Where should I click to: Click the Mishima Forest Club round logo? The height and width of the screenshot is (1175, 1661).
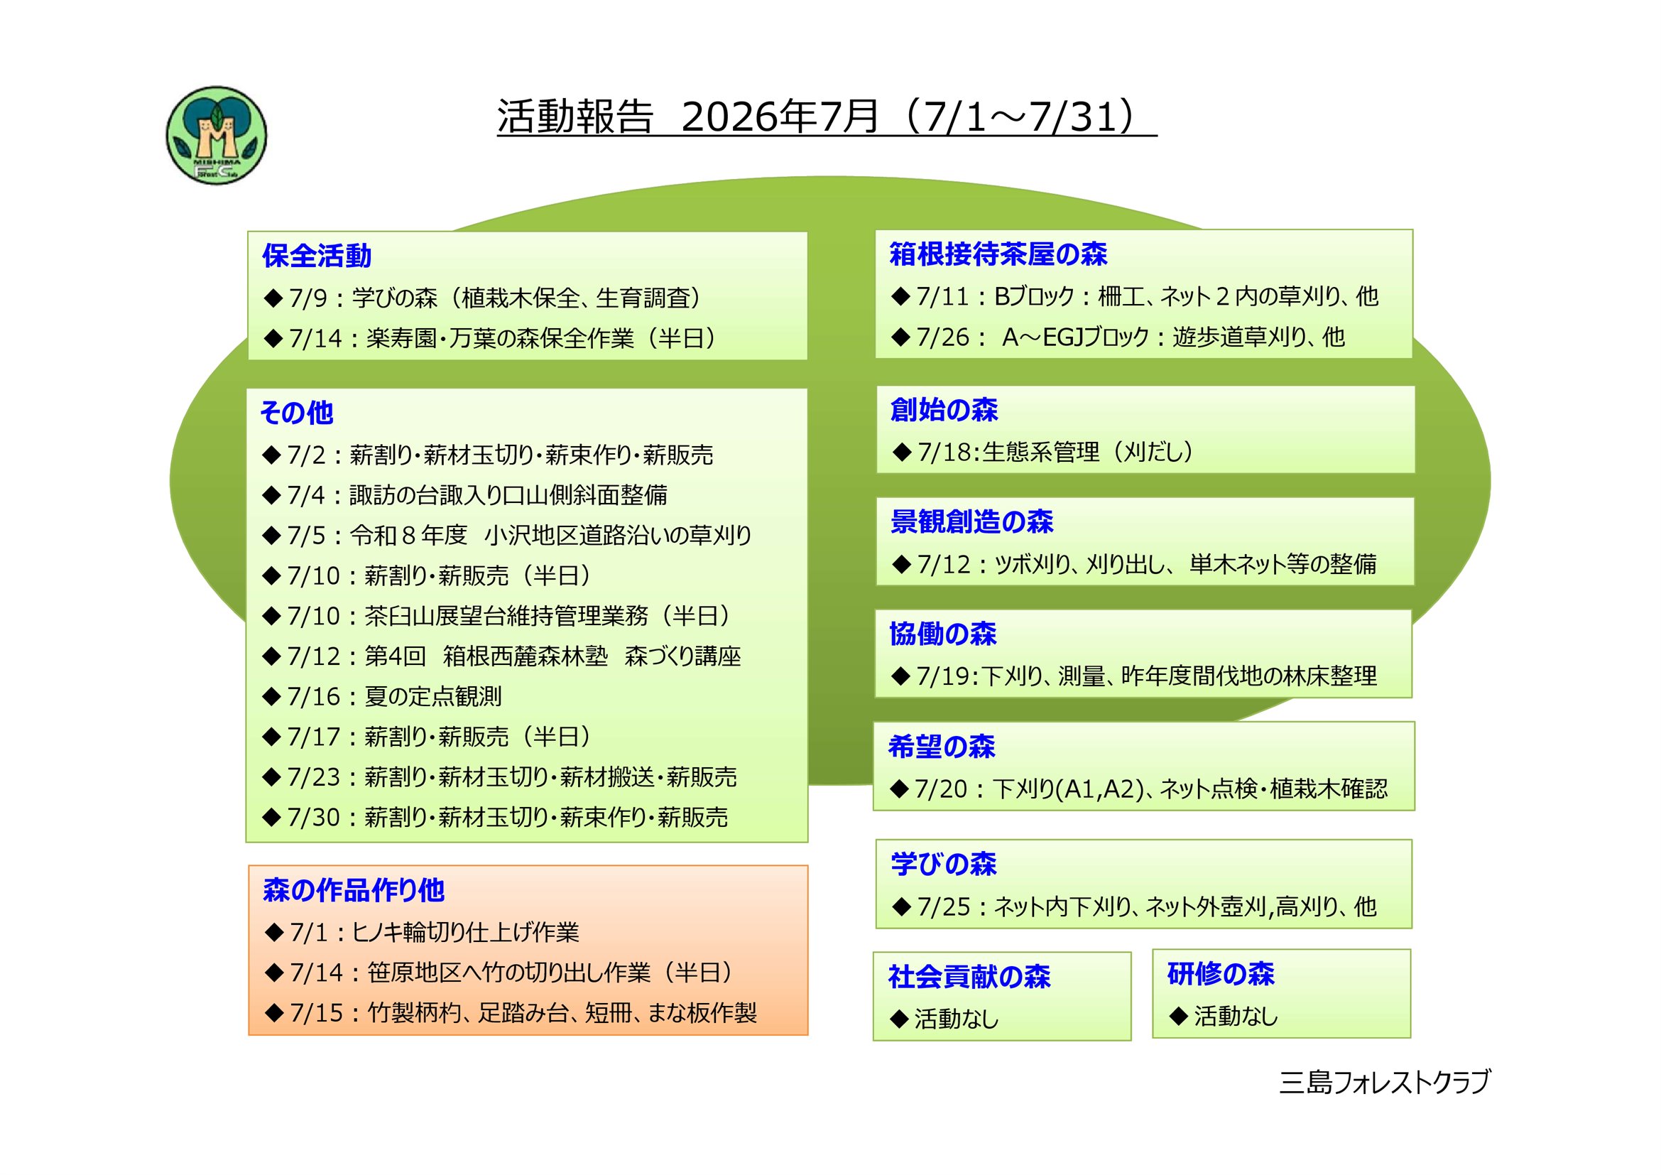click(217, 135)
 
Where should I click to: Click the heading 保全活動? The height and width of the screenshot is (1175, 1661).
click(317, 256)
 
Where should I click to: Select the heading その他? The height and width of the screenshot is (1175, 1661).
click(297, 413)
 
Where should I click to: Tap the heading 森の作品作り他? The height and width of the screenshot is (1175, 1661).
click(354, 890)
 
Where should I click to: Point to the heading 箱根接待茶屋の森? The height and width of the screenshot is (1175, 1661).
click(998, 254)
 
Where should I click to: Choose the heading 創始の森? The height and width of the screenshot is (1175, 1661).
click(944, 409)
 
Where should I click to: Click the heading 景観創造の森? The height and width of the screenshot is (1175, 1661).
click(971, 521)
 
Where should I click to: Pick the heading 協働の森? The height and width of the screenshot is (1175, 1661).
click(943, 634)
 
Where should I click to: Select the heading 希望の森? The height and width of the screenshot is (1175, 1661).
click(942, 747)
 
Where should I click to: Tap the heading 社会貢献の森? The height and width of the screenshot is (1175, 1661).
click(969, 977)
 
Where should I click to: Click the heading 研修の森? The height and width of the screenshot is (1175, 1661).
click(1221, 974)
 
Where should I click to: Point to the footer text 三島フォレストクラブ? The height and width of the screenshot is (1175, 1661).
click(1385, 1083)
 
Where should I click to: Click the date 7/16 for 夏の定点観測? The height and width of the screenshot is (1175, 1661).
click(313, 697)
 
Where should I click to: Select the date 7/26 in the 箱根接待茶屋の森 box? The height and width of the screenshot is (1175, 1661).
click(942, 337)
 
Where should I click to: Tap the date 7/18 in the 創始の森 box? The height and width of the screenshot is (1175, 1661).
click(944, 453)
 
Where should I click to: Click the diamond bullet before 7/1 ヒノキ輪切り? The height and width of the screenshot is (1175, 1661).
click(274, 932)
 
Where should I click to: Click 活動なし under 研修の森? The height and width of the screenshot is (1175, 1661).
click(1236, 1017)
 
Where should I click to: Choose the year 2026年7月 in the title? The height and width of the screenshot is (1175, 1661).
click(780, 117)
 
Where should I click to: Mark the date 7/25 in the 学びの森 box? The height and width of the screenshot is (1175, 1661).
click(943, 907)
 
